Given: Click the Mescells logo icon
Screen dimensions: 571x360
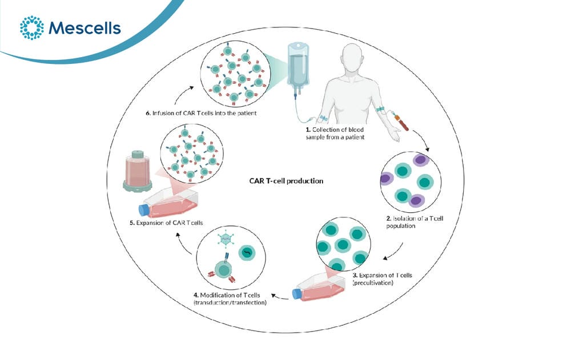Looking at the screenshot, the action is click(x=31, y=27).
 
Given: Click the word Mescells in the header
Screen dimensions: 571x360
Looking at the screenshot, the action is click(x=85, y=28).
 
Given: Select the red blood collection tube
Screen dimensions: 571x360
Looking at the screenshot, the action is click(x=401, y=122).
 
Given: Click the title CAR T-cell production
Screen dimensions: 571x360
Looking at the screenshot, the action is click(x=286, y=181).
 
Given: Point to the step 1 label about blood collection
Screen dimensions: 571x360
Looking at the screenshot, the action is click(x=335, y=134).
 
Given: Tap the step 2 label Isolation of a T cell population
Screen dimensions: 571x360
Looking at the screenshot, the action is click(x=415, y=222).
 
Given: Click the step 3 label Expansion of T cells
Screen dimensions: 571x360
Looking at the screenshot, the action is click(x=382, y=279).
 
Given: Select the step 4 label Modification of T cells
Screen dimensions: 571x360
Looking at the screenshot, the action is click(x=230, y=298).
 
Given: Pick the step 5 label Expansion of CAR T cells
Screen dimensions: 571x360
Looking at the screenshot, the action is click(x=166, y=223).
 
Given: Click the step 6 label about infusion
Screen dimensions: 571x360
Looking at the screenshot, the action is click(x=201, y=113).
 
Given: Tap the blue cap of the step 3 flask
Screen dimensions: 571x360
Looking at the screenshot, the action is click(x=297, y=294).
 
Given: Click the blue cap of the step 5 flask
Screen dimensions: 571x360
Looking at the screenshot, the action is click(x=144, y=210).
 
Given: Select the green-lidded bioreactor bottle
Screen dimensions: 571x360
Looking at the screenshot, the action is click(x=137, y=171).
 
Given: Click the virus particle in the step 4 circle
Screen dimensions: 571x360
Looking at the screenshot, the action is click(x=225, y=239).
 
